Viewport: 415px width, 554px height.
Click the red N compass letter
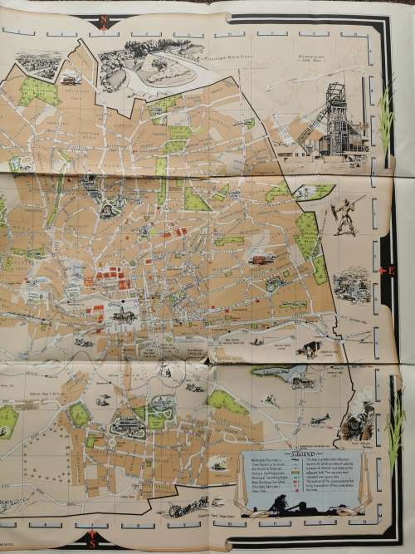click(x=102, y=20)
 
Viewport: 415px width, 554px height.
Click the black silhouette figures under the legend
click(x=286, y=507)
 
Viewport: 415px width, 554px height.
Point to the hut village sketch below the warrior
click(x=353, y=282)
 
